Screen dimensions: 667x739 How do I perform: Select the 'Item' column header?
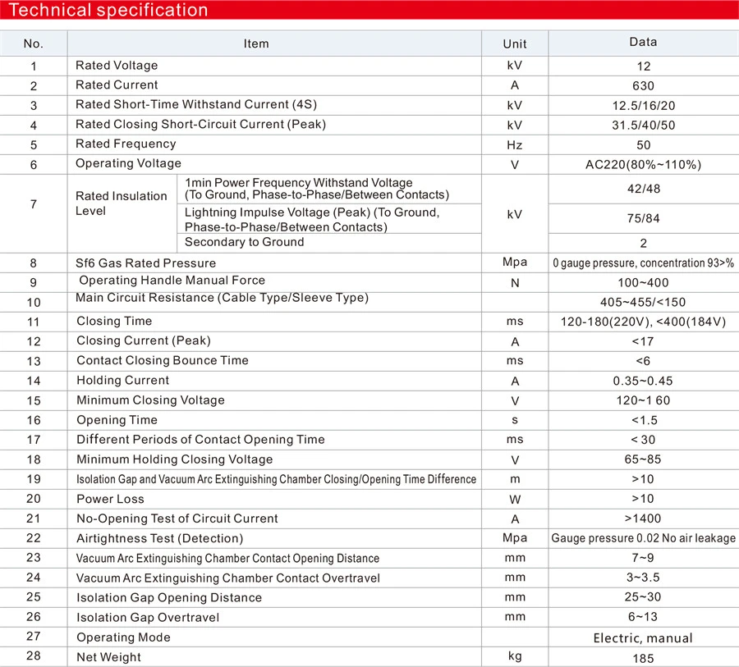point(256,43)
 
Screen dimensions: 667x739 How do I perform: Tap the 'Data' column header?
point(643,42)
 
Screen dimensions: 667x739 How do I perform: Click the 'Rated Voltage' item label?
point(117,66)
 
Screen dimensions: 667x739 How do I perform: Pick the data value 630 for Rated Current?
point(643,85)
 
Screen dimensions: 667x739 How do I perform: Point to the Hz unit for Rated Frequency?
point(515,144)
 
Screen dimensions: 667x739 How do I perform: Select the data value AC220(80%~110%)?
point(643,164)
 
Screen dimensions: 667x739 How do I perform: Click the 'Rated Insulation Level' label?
point(121,203)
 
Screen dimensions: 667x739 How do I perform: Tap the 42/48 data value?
point(643,189)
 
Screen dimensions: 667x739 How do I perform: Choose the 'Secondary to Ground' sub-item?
point(244,242)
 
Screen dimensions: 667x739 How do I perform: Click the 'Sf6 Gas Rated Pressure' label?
point(145,263)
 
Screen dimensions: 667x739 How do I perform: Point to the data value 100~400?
point(643,282)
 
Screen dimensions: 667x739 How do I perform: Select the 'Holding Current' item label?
point(122,381)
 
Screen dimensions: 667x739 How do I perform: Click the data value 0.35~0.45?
point(643,381)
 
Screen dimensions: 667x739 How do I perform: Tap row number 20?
point(34,499)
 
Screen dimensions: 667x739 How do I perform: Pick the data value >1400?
point(643,519)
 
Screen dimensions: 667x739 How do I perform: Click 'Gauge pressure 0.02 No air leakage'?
point(643,538)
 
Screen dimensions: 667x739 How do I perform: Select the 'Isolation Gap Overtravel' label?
point(148,618)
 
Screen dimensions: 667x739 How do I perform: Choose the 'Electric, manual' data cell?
point(643,637)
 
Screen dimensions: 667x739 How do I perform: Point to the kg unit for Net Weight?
point(515,656)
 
